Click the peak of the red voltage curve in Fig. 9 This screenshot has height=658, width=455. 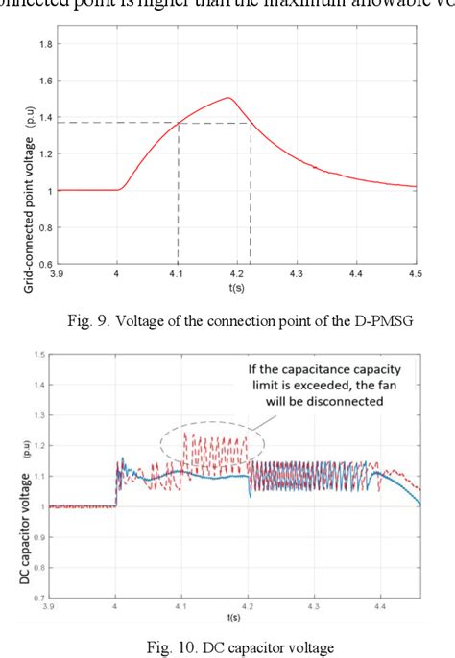(x=227, y=98)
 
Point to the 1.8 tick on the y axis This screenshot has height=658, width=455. (x=44, y=44)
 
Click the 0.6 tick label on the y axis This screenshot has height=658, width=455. (x=44, y=263)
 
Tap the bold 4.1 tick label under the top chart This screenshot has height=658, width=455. (x=178, y=274)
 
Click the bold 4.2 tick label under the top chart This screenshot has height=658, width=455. (x=251, y=274)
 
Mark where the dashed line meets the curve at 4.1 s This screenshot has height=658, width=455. (x=178, y=123)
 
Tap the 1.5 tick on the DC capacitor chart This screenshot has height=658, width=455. (x=37, y=354)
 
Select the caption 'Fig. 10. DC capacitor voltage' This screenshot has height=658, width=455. (x=227, y=648)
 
